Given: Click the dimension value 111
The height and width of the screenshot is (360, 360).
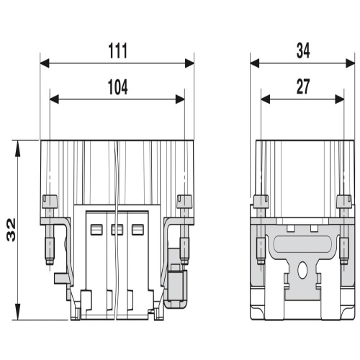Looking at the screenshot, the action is [117, 51].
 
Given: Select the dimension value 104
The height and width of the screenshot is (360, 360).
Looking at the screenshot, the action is [117, 87].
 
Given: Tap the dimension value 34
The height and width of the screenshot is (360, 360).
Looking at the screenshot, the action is [303, 50].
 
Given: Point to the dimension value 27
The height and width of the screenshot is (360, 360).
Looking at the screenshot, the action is [303, 86].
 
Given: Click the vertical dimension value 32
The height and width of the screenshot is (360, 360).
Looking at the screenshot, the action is [12, 230].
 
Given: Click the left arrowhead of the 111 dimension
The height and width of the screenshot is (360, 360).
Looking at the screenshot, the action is [45, 63].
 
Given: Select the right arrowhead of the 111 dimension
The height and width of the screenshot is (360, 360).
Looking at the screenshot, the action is [189, 63].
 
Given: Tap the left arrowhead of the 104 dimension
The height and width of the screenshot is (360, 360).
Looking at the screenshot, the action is [54, 99].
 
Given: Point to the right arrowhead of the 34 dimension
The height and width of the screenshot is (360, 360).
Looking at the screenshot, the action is [350, 63].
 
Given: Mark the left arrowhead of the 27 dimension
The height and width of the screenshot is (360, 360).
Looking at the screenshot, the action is [266, 99].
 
